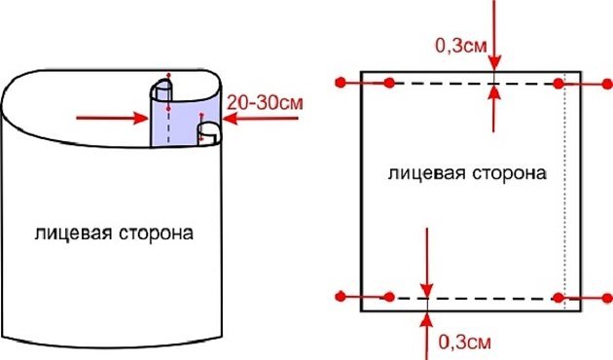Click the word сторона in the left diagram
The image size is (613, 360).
(157, 234)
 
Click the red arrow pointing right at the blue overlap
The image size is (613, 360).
(107, 119)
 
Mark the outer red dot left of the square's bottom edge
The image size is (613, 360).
(340, 296)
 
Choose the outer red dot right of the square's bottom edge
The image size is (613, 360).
(603, 296)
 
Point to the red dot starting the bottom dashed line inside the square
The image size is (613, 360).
(389, 296)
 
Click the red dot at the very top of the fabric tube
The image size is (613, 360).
(168, 74)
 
